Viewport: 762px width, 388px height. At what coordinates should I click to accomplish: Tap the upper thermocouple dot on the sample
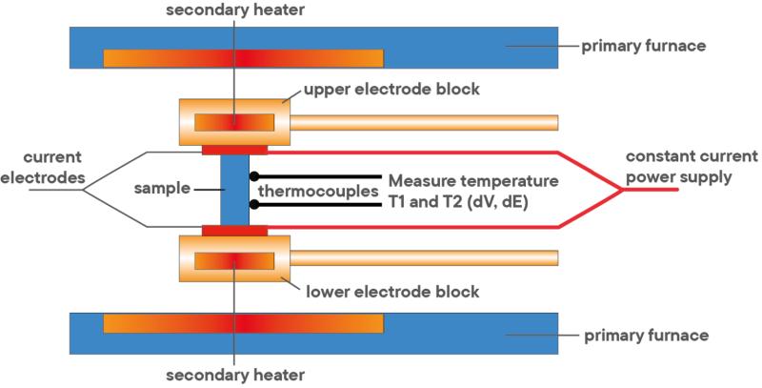point(253,176)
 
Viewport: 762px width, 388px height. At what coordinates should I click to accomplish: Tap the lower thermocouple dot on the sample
point(253,203)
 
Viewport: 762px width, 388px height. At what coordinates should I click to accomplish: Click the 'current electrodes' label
point(45,166)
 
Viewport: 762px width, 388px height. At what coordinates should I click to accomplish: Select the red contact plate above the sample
point(234,150)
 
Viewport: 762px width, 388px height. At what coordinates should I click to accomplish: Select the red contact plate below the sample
point(234,230)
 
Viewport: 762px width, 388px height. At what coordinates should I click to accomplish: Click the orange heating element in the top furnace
point(243,57)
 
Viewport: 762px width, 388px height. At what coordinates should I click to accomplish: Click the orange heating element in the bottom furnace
point(243,323)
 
